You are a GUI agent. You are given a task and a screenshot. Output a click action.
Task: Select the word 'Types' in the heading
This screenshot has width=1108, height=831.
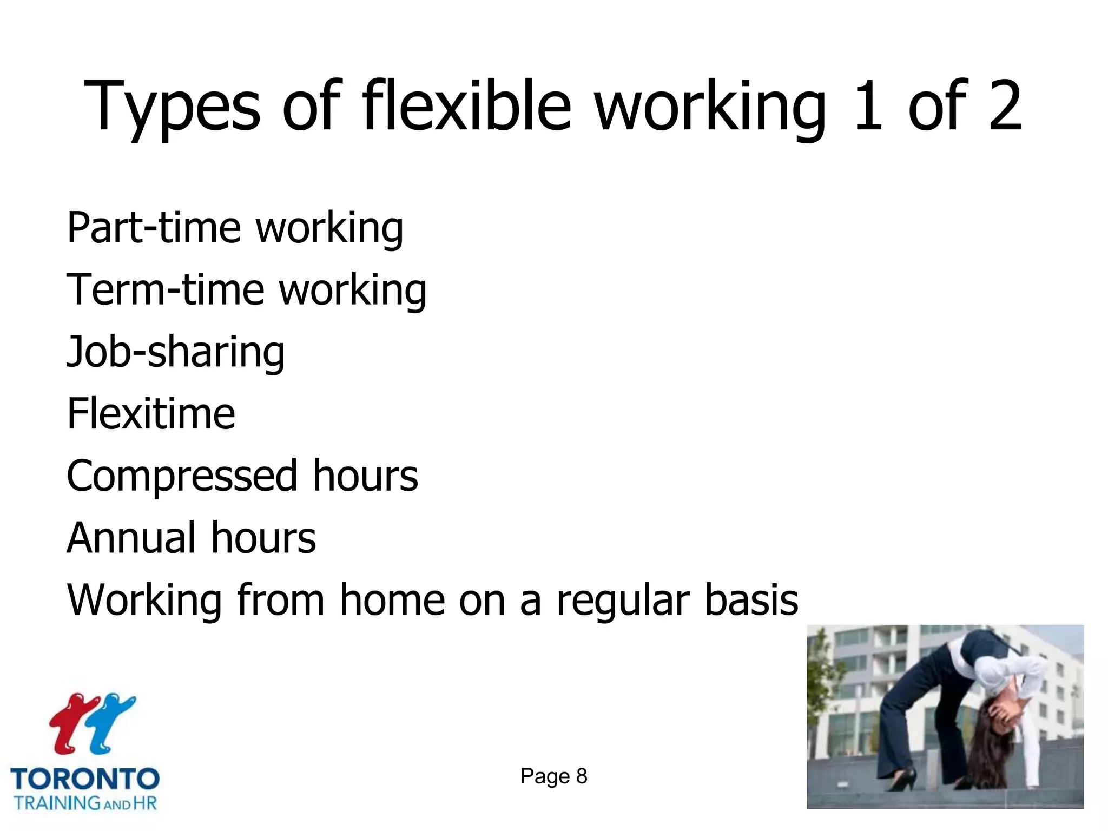[172, 108]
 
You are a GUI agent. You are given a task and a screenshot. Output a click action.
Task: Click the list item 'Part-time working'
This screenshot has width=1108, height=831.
[235, 228]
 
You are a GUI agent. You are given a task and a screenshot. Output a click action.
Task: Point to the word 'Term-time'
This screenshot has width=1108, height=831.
[166, 290]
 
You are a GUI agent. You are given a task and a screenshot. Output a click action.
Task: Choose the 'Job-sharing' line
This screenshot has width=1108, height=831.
[175, 353]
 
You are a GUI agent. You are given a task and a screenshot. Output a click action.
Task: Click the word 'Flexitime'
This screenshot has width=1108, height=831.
[151, 414]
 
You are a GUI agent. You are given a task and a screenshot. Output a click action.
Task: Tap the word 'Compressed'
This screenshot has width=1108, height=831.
[182, 476]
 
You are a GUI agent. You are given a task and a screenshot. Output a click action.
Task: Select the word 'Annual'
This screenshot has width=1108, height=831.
[131, 538]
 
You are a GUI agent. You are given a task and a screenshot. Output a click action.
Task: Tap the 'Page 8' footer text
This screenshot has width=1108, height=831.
[553, 776]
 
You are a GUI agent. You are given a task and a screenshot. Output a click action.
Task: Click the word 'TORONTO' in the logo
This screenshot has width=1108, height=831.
[85, 780]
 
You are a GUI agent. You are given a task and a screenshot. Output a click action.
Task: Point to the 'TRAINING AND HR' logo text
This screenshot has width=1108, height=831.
[85, 803]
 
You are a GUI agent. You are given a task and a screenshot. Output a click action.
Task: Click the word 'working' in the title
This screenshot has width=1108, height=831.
[710, 108]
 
